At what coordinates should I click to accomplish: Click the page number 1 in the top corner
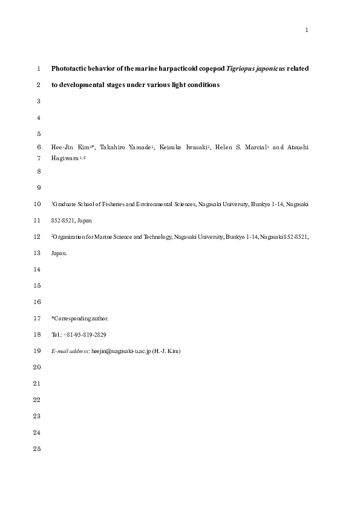pyautogui.click(x=307, y=30)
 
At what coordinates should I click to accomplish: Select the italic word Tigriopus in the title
pyautogui.click(x=240, y=69)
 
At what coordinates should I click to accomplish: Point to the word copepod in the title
pyautogui.click(x=209, y=69)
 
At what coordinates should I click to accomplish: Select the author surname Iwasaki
pyautogui.click(x=194, y=148)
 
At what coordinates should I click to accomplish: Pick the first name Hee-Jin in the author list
pyautogui.click(x=64, y=148)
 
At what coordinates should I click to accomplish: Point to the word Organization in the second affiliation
pyautogui.click(x=71, y=238)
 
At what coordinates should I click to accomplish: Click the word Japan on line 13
pyautogui.click(x=59, y=254)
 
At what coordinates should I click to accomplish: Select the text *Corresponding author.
pyautogui.click(x=80, y=319)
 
